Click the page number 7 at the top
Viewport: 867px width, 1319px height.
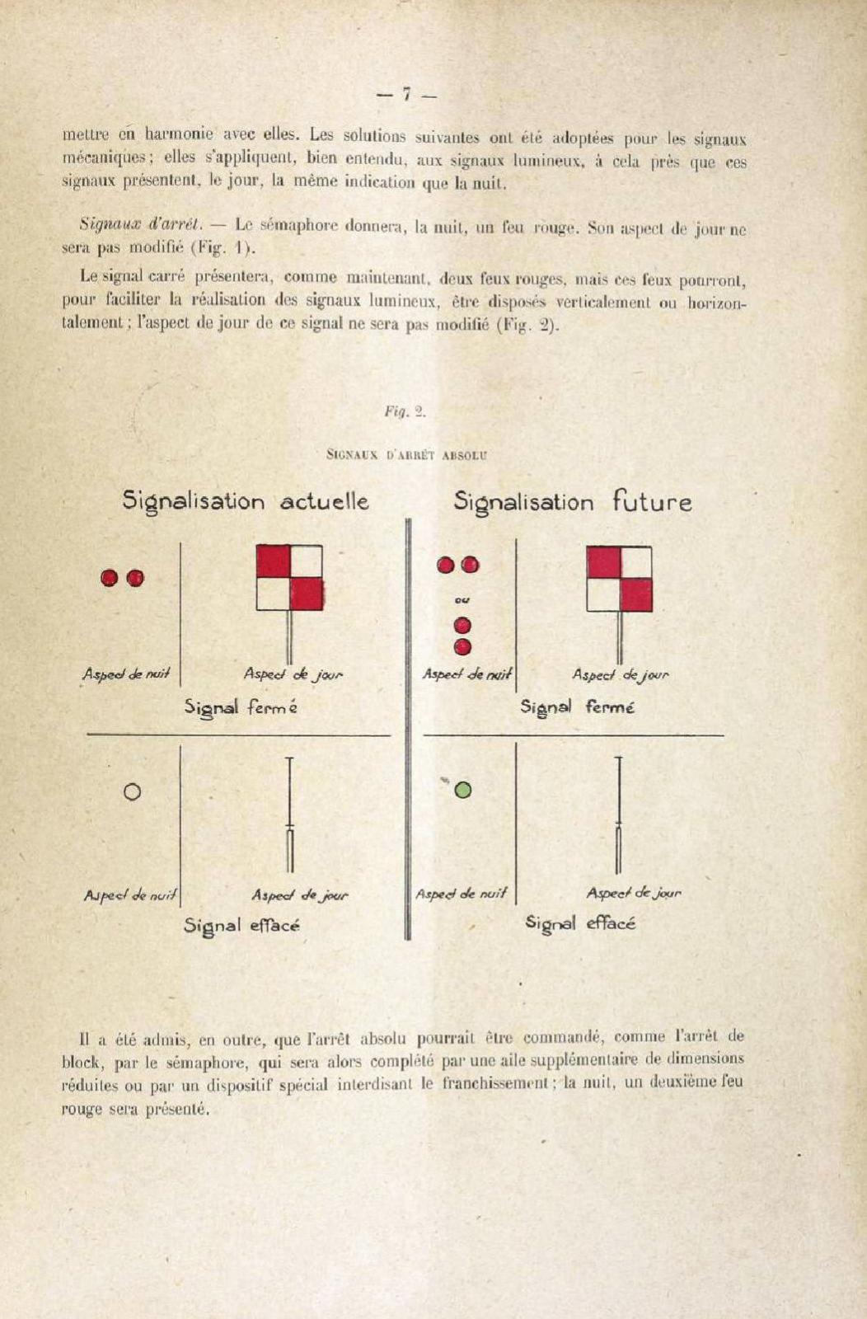click(x=406, y=95)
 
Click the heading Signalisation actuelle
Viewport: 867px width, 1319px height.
click(x=246, y=501)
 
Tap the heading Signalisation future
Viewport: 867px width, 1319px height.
click(x=573, y=501)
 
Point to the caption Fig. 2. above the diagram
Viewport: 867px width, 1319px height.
click(x=405, y=412)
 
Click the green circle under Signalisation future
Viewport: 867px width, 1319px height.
click(x=463, y=790)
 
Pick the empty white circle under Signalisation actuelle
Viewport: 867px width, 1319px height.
click(x=131, y=791)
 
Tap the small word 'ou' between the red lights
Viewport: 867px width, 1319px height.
click(x=462, y=601)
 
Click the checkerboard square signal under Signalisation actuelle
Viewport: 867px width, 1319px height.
click(x=289, y=577)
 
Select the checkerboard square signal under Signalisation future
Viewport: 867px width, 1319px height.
click(x=619, y=579)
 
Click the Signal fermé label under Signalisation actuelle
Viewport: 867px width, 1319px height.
click(x=241, y=707)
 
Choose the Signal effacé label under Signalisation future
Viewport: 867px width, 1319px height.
click(x=580, y=923)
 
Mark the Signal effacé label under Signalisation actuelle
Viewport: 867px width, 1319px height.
click(x=241, y=926)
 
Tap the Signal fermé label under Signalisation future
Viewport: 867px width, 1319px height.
click(x=577, y=707)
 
